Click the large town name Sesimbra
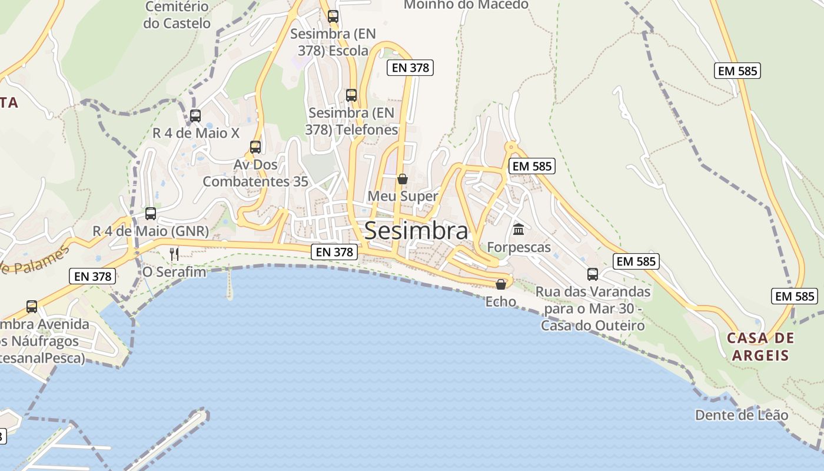416,231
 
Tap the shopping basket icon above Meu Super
403,178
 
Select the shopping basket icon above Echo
501,284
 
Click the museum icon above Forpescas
519,229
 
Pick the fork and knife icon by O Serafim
174,254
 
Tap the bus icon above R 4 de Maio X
195,116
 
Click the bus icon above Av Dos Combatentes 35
255,147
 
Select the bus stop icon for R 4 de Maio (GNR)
151,213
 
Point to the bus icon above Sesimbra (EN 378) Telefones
351,95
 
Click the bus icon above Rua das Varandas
593,274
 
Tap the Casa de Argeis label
760,347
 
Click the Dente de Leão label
742,415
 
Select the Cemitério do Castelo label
177,15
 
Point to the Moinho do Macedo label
466,5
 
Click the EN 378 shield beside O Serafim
93,276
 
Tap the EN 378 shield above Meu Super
411,68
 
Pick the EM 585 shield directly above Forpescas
532,166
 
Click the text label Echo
501,302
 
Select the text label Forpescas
519,247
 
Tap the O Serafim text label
174,272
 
